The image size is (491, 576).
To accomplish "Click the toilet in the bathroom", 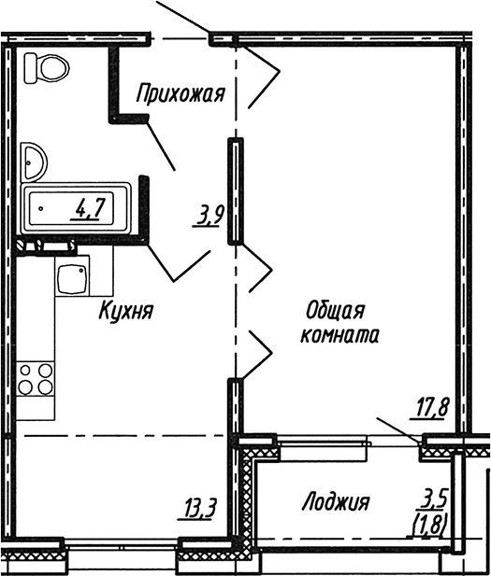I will coord(49,67).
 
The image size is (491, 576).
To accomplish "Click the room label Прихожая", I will coord(181,92).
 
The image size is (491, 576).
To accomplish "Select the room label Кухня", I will coord(125,311).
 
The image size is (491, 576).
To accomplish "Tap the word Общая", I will coord(333,310).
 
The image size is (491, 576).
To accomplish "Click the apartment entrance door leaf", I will coord(182,18).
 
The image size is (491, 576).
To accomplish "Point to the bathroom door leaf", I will coord(159,146).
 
